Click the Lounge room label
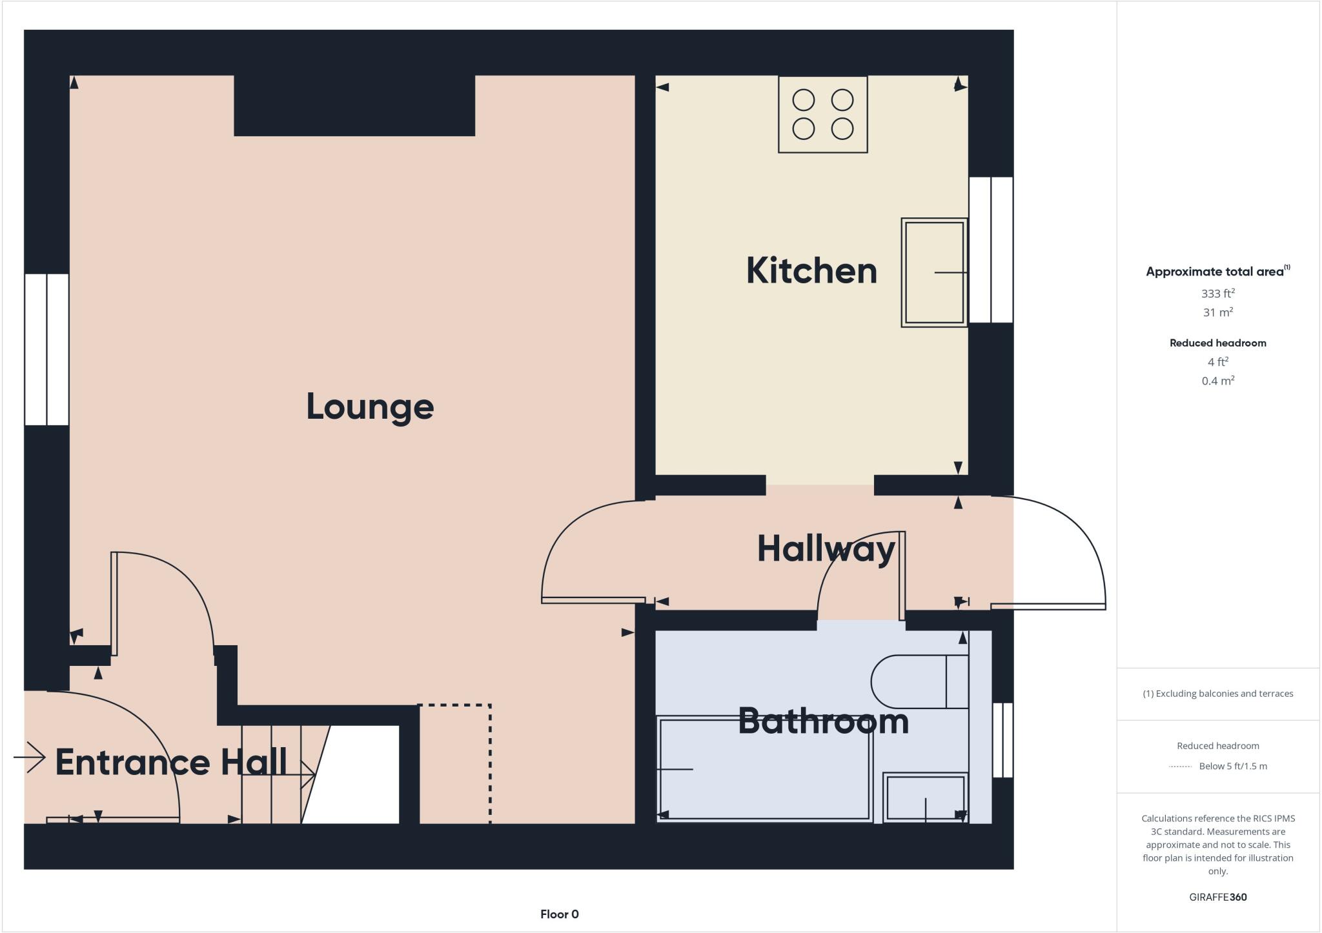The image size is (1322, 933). click(370, 407)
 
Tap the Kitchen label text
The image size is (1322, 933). click(811, 271)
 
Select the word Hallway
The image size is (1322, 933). click(826, 550)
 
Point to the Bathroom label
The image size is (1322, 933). click(823, 721)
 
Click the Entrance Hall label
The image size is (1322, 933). click(171, 762)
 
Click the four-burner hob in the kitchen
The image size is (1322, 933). click(822, 115)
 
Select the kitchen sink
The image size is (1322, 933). click(934, 272)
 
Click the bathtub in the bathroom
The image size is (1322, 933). click(764, 769)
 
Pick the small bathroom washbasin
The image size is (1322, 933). click(925, 798)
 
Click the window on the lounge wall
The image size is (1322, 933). click(46, 349)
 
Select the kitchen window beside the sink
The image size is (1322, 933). click(991, 250)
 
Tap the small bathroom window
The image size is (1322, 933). click(1002, 739)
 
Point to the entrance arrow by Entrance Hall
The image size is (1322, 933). click(30, 757)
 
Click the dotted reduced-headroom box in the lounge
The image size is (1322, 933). click(455, 764)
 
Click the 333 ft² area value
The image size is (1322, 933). click(1217, 294)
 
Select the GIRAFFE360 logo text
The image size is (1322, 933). click(1217, 897)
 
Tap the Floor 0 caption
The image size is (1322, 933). click(559, 914)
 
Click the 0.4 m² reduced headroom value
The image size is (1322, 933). click(1217, 381)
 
